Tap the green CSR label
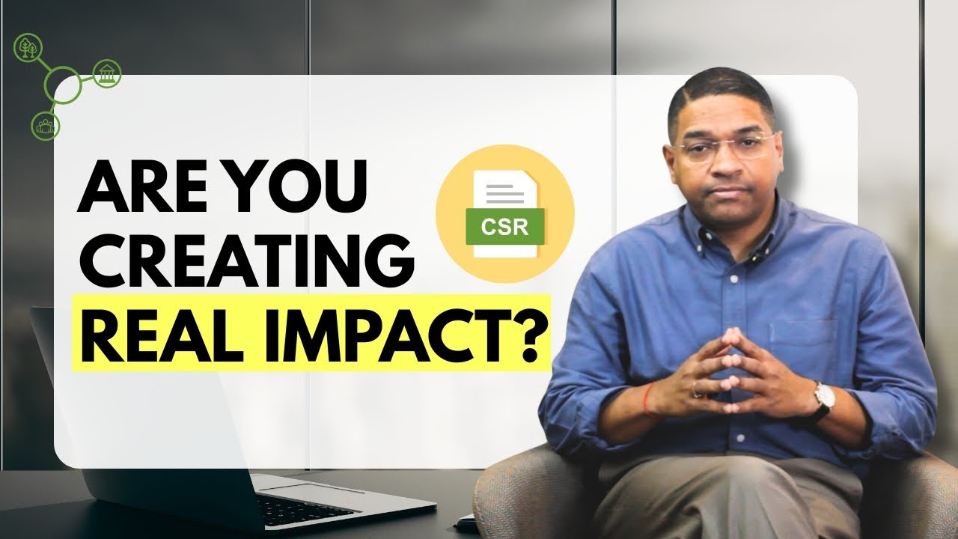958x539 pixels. tap(506, 227)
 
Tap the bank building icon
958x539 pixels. tap(106, 73)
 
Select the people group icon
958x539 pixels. tap(45, 125)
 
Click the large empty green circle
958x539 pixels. tap(63, 85)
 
